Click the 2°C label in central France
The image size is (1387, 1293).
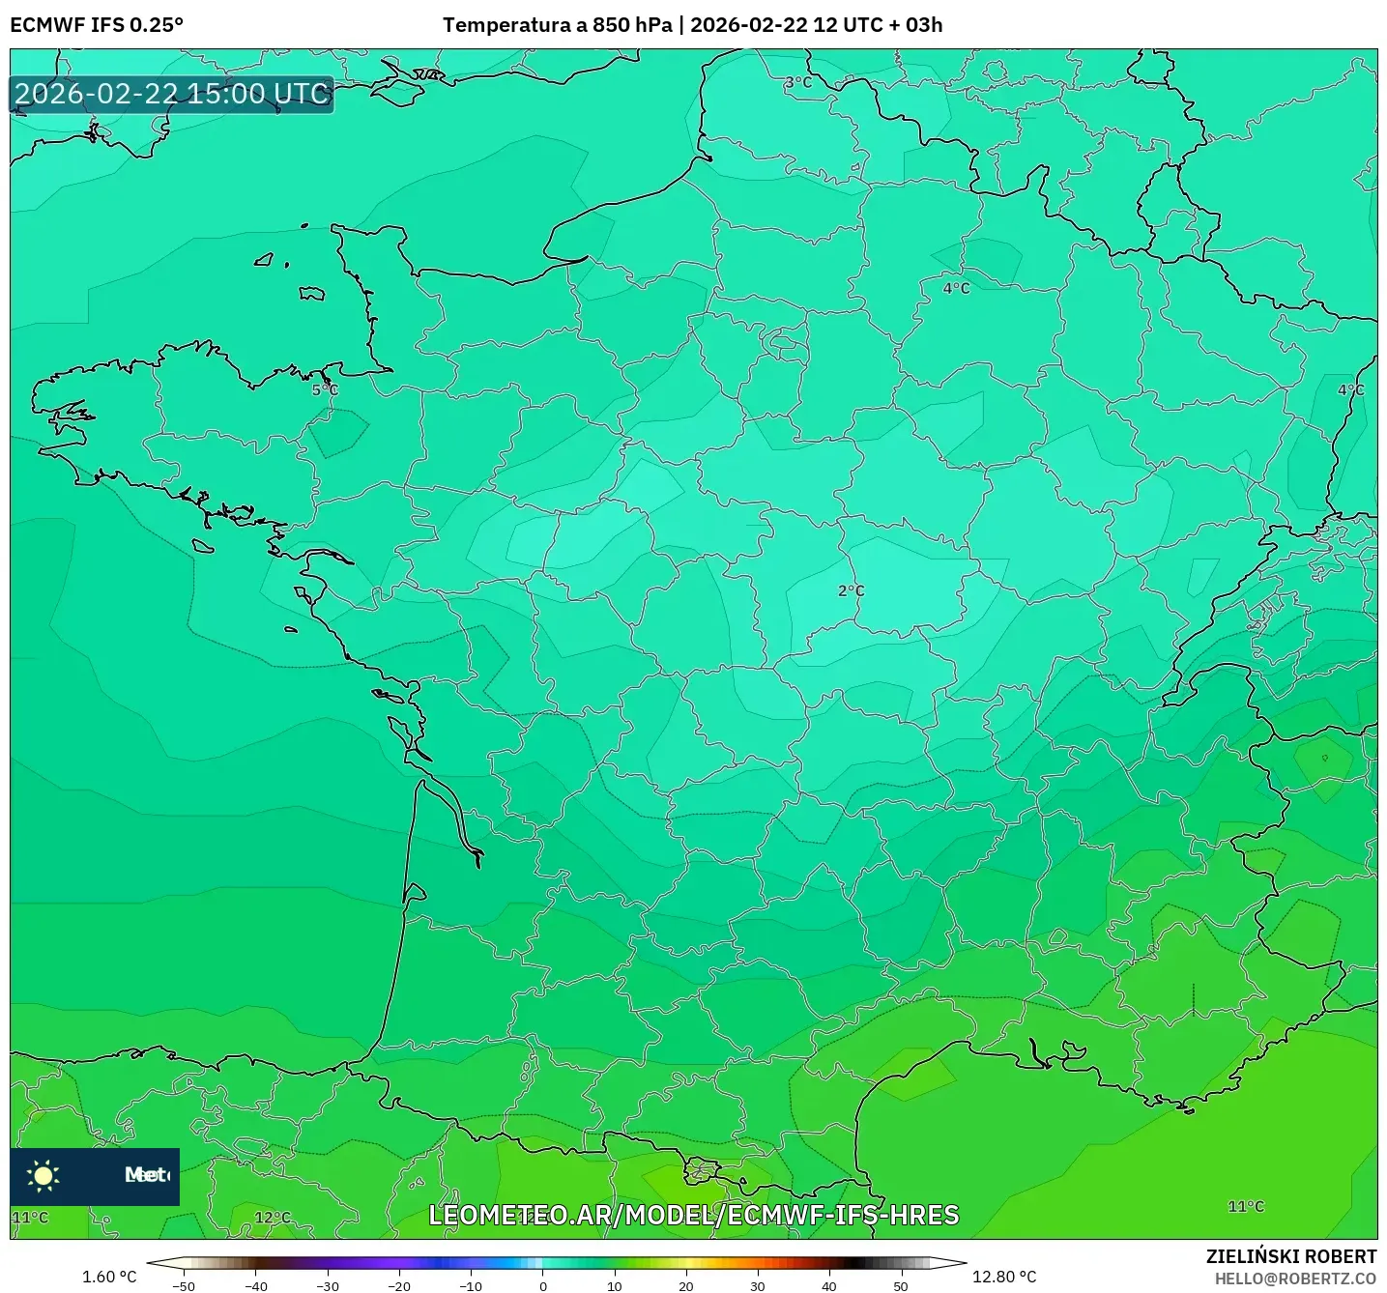click(x=851, y=590)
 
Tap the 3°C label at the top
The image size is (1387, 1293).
click(x=797, y=83)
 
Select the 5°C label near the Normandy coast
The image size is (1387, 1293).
click(x=325, y=390)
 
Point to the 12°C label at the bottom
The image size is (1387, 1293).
click(x=273, y=1218)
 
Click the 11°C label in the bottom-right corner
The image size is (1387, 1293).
click(x=1246, y=1206)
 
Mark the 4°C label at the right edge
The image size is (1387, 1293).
click(x=1350, y=390)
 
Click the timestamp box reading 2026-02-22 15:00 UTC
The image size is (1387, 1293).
click(x=172, y=94)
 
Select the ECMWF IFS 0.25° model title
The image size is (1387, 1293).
click(x=97, y=25)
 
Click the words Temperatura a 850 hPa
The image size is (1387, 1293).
click(x=557, y=25)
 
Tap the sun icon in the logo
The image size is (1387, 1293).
click(x=43, y=1175)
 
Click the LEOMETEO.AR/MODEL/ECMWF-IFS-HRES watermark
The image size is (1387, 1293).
click(x=693, y=1215)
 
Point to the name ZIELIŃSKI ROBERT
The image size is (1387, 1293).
click(x=1290, y=1256)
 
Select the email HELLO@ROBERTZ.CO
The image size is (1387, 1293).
click(x=1295, y=1279)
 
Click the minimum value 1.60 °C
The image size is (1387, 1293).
click(x=109, y=1277)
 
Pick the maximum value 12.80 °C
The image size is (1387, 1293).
click(x=1004, y=1277)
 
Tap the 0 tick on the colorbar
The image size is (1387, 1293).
click(x=543, y=1285)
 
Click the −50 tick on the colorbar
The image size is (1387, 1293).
click(x=184, y=1285)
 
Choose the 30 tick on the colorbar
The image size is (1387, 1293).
click(x=758, y=1285)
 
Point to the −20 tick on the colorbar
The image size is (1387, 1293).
click(x=399, y=1285)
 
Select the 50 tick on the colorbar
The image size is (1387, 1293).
click(x=901, y=1285)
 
